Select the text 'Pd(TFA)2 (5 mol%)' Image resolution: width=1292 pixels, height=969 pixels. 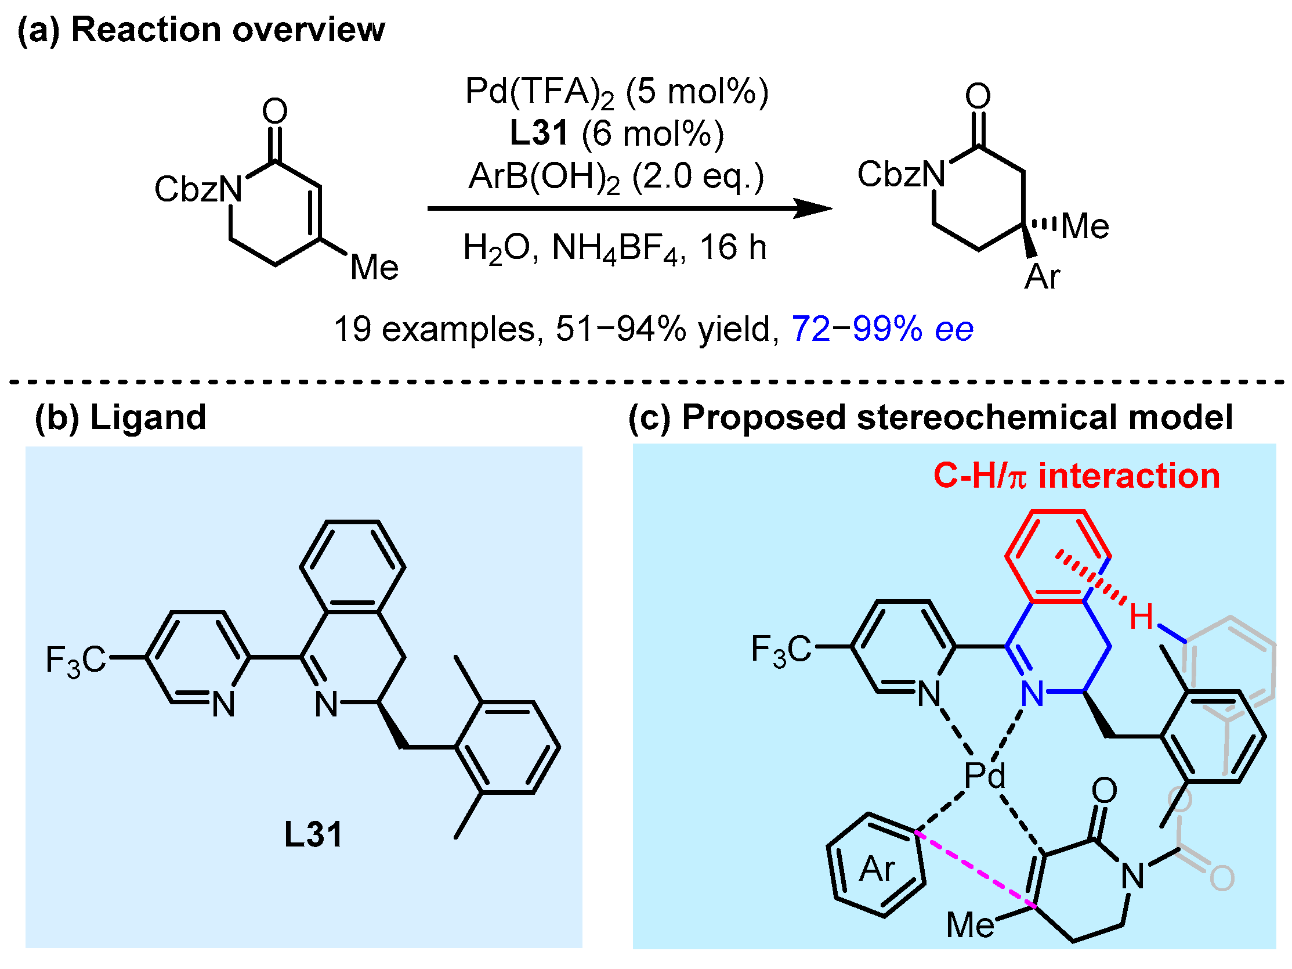pos(616,92)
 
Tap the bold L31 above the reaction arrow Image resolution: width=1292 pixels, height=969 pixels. pos(538,134)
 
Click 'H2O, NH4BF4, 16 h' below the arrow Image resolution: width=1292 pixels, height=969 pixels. pos(614,248)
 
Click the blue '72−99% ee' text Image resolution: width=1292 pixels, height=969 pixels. pos(882,329)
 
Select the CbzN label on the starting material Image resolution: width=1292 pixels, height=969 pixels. pos(198,189)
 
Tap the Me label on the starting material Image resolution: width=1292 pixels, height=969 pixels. pos(374,268)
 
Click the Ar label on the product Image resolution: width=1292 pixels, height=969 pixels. pos(1042,277)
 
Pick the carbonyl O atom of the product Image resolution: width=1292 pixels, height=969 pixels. pos(978,96)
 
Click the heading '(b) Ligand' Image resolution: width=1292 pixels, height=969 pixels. pos(120,417)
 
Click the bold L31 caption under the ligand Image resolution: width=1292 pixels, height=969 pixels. pos(313,834)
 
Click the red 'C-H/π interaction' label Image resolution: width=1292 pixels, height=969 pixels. pos(1076,476)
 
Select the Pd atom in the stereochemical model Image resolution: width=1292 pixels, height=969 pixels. pos(984,776)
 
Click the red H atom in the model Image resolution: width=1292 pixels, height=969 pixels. pos(1141,617)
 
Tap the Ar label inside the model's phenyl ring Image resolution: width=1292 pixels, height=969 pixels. pos(877,870)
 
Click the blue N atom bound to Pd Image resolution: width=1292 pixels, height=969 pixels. pos(1032,694)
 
